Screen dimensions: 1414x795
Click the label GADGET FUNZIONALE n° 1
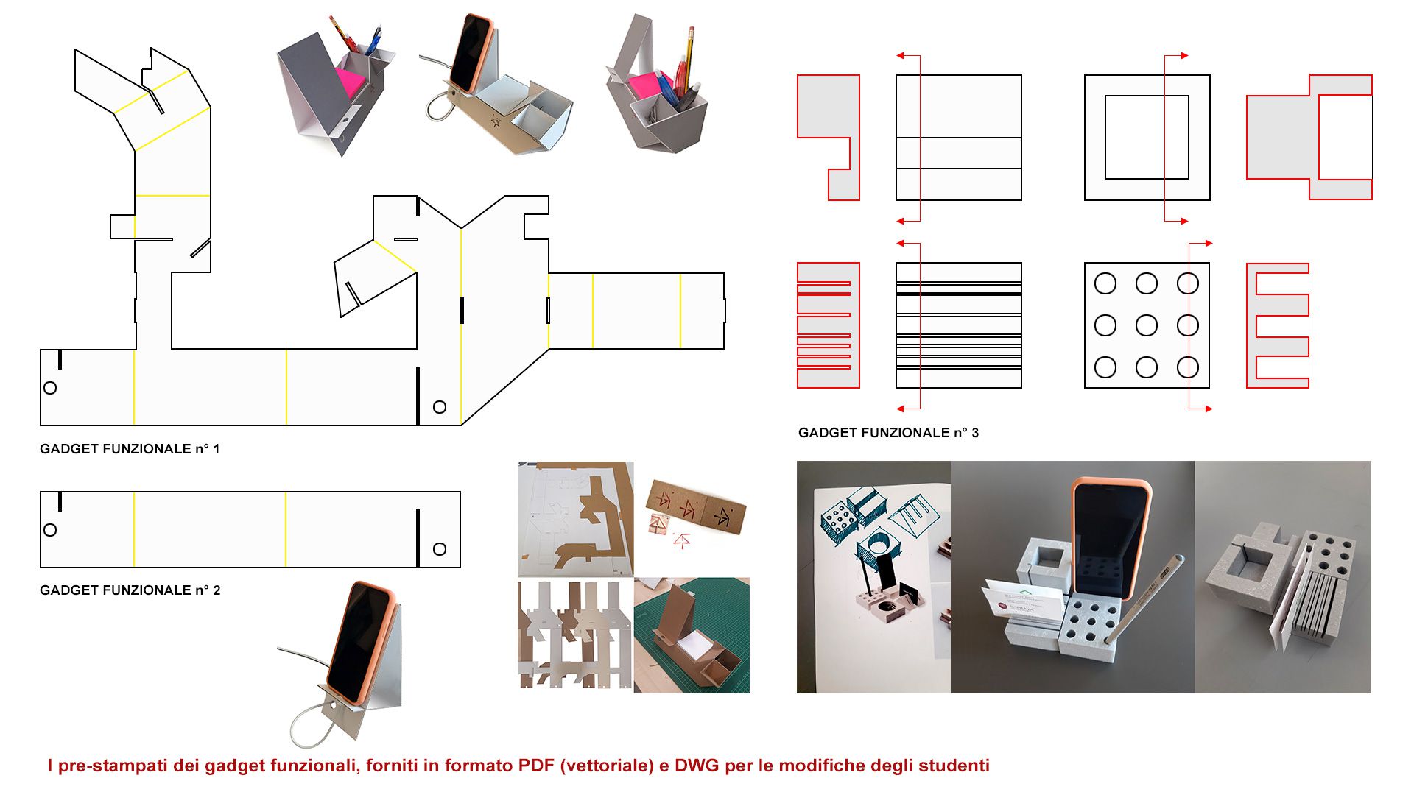[x=130, y=449]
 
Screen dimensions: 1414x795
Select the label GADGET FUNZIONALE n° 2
[x=130, y=590]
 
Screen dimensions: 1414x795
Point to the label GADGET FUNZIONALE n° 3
[x=889, y=433]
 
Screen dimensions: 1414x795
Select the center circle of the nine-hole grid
[x=1147, y=325]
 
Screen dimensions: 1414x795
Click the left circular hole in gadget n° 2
[x=50, y=530]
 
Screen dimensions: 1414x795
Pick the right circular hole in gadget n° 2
[x=440, y=549]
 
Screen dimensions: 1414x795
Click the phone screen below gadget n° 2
[x=359, y=640]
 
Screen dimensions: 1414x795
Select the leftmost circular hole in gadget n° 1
[x=50, y=388]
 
